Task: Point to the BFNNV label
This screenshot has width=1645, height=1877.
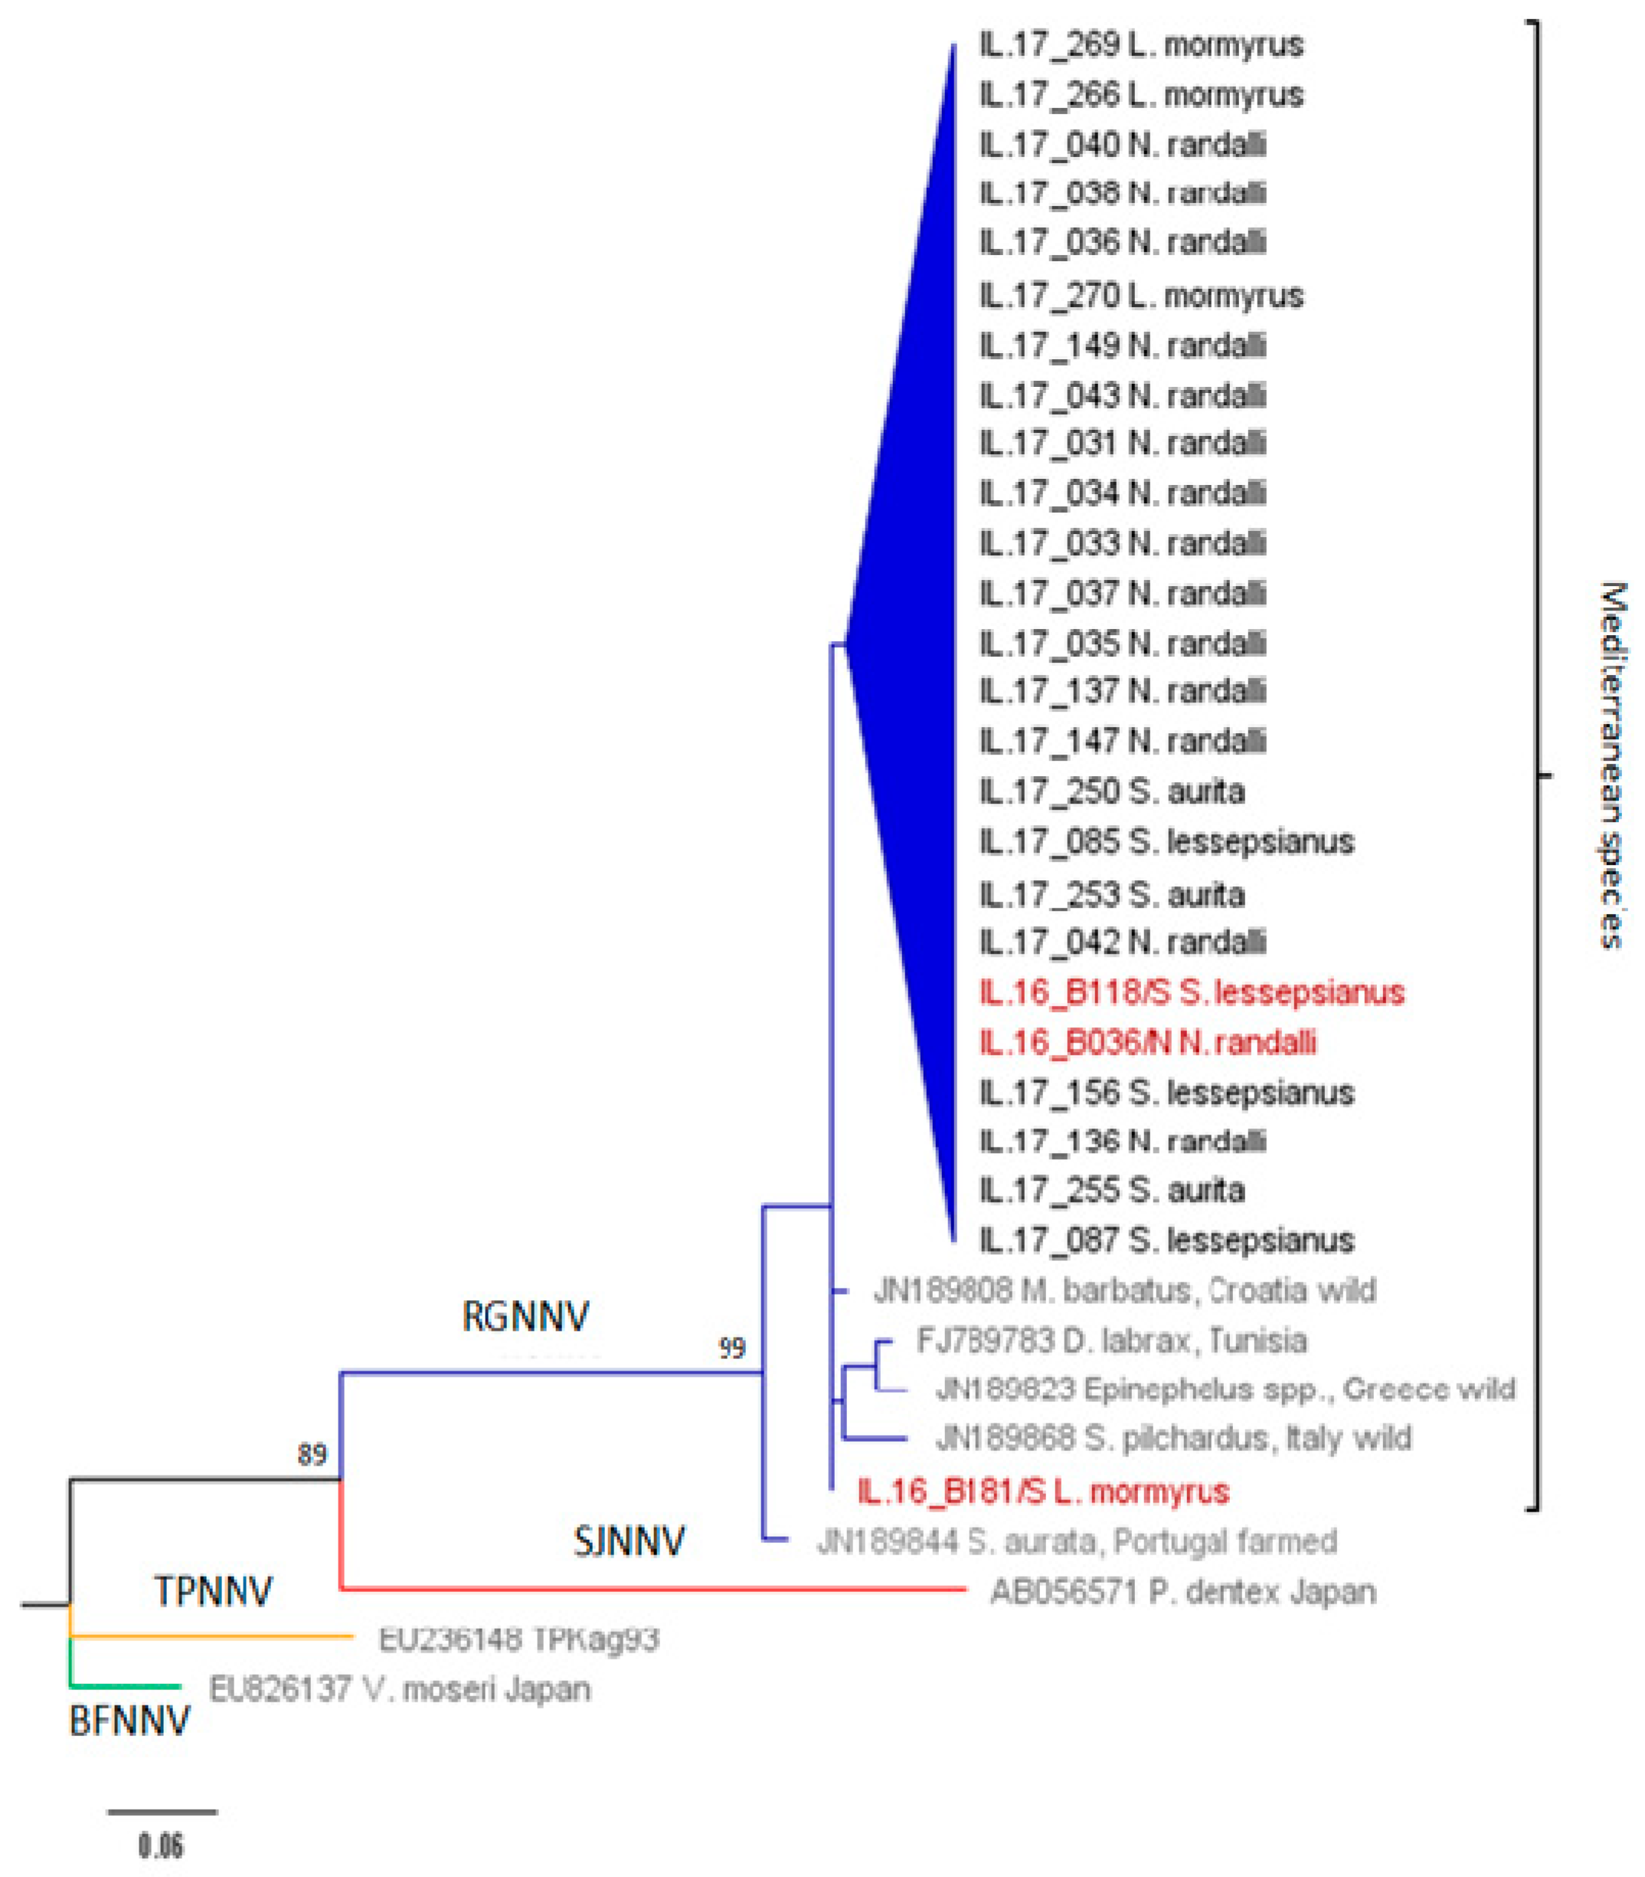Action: [129, 1721]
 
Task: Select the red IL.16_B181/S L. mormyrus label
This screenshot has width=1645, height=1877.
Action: [1043, 1492]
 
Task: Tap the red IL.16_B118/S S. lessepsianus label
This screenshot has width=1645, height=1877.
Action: [1192, 993]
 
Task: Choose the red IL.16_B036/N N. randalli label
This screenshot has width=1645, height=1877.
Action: [1147, 1042]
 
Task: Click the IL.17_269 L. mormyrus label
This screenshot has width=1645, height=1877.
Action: [1141, 45]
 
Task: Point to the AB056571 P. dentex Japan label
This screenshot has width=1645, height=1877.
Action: [1182, 1591]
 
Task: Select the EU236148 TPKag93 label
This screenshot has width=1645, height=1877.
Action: [518, 1640]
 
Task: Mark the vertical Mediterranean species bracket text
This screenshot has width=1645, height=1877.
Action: [1612, 764]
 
